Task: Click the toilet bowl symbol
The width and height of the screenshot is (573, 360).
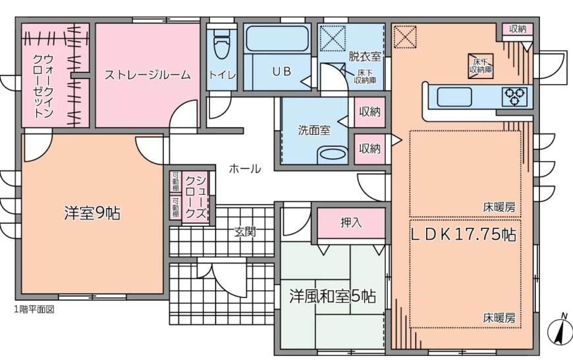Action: (221, 43)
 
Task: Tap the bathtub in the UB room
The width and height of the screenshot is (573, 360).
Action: (277, 38)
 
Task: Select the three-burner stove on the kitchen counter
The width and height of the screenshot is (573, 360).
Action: (514, 97)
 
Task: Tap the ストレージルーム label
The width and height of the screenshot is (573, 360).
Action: (148, 75)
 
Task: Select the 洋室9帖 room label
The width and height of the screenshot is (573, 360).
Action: (92, 214)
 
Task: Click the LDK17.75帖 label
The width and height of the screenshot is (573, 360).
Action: (464, 234)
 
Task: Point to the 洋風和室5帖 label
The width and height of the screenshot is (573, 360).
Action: (332, 296)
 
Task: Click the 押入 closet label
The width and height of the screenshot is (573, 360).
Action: (351, 222)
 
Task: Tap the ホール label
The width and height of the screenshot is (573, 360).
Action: (245, 168)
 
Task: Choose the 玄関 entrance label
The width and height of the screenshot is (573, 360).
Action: (245, 232)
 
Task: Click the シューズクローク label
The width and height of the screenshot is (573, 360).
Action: (196, 197)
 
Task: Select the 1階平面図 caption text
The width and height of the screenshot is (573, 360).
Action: (34, 309)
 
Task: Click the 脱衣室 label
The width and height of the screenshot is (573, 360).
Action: (365, 56)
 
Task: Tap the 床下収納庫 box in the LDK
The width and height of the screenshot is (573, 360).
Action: (481, 66)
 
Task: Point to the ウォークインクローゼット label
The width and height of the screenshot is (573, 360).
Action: (43, 86)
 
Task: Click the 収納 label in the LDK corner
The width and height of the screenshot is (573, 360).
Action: (518, 29)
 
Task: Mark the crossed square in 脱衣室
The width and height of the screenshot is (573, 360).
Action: (333, 38)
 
